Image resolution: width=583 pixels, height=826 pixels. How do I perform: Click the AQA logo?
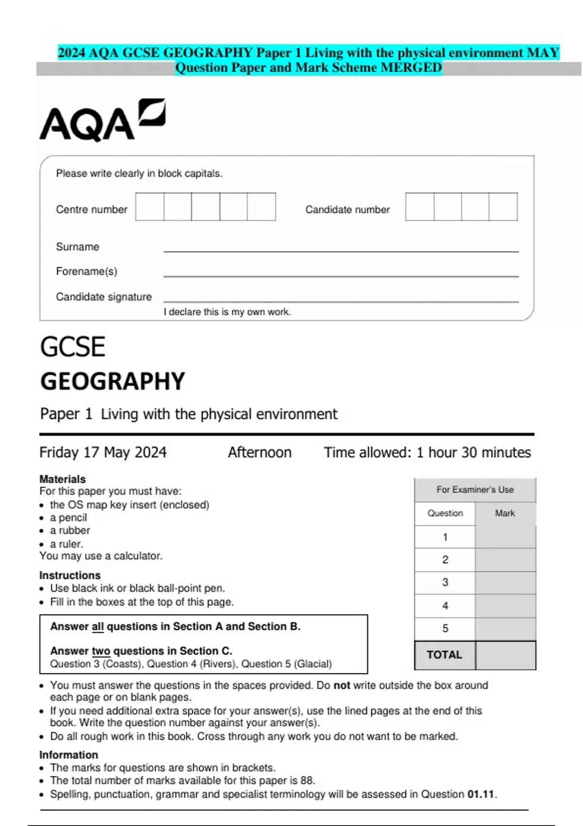pyautogui.click(x=102, y=120)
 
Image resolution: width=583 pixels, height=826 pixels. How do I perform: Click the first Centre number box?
pyautogui.click(x=150, y=207)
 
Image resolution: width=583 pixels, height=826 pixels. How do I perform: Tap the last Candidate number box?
pyautogui.click(x=503, y=207)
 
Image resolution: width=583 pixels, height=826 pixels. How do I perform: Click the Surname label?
pyautogui.click(x=77, y=247)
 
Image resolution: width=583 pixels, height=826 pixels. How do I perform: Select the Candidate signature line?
pyautogui.click(x=340, y=301)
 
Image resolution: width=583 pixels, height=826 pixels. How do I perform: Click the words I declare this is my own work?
pyautogui.click(x=227, y=312)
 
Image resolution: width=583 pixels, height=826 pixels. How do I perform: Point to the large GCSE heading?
pyautogui.click(x=72, y=347)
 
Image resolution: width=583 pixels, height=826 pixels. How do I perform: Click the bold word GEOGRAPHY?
pyautogui.click(x=112, y=381)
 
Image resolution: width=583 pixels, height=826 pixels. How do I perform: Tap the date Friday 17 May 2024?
pyautogui.click(x=103, y=452)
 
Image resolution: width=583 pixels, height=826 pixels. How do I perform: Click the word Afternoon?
pyautogui.click(x=259, y=452)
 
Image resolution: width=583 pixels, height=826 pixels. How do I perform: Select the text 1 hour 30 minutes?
pyautogui.click(x=473, y=452)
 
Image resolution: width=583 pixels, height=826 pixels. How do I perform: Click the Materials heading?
pyautogui.click(x=62, y=479)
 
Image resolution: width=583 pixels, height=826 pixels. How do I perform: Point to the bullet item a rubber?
pyautogui.click(x=70, y=531)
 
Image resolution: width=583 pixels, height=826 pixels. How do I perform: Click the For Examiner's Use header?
pyautogui.click(x=475, y=490)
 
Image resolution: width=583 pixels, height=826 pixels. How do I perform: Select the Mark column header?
pyautogui.click(x=505, y=513)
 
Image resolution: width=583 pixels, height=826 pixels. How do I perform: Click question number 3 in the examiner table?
pyautogui.click(x=445, y=583)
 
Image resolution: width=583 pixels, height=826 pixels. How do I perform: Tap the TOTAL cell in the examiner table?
pyautogui.click(x=444, y=655)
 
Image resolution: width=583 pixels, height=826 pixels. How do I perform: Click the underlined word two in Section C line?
pyautogui.click(x=101, y=651)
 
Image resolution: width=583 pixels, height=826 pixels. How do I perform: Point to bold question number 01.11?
pyautogui.click(x=480, y=794)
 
